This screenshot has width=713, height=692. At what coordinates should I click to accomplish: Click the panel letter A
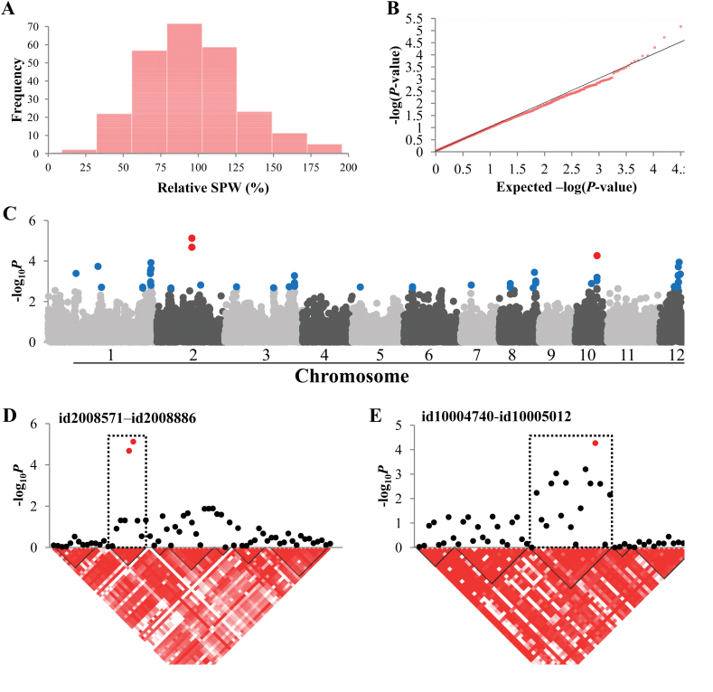[x=12, y=10]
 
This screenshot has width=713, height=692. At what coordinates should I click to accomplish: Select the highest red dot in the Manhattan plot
[x=192, y=238]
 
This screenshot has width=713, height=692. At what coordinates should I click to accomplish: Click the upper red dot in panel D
[x=134, y=442]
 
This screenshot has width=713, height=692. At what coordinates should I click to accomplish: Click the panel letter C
[x=12, y=214]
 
